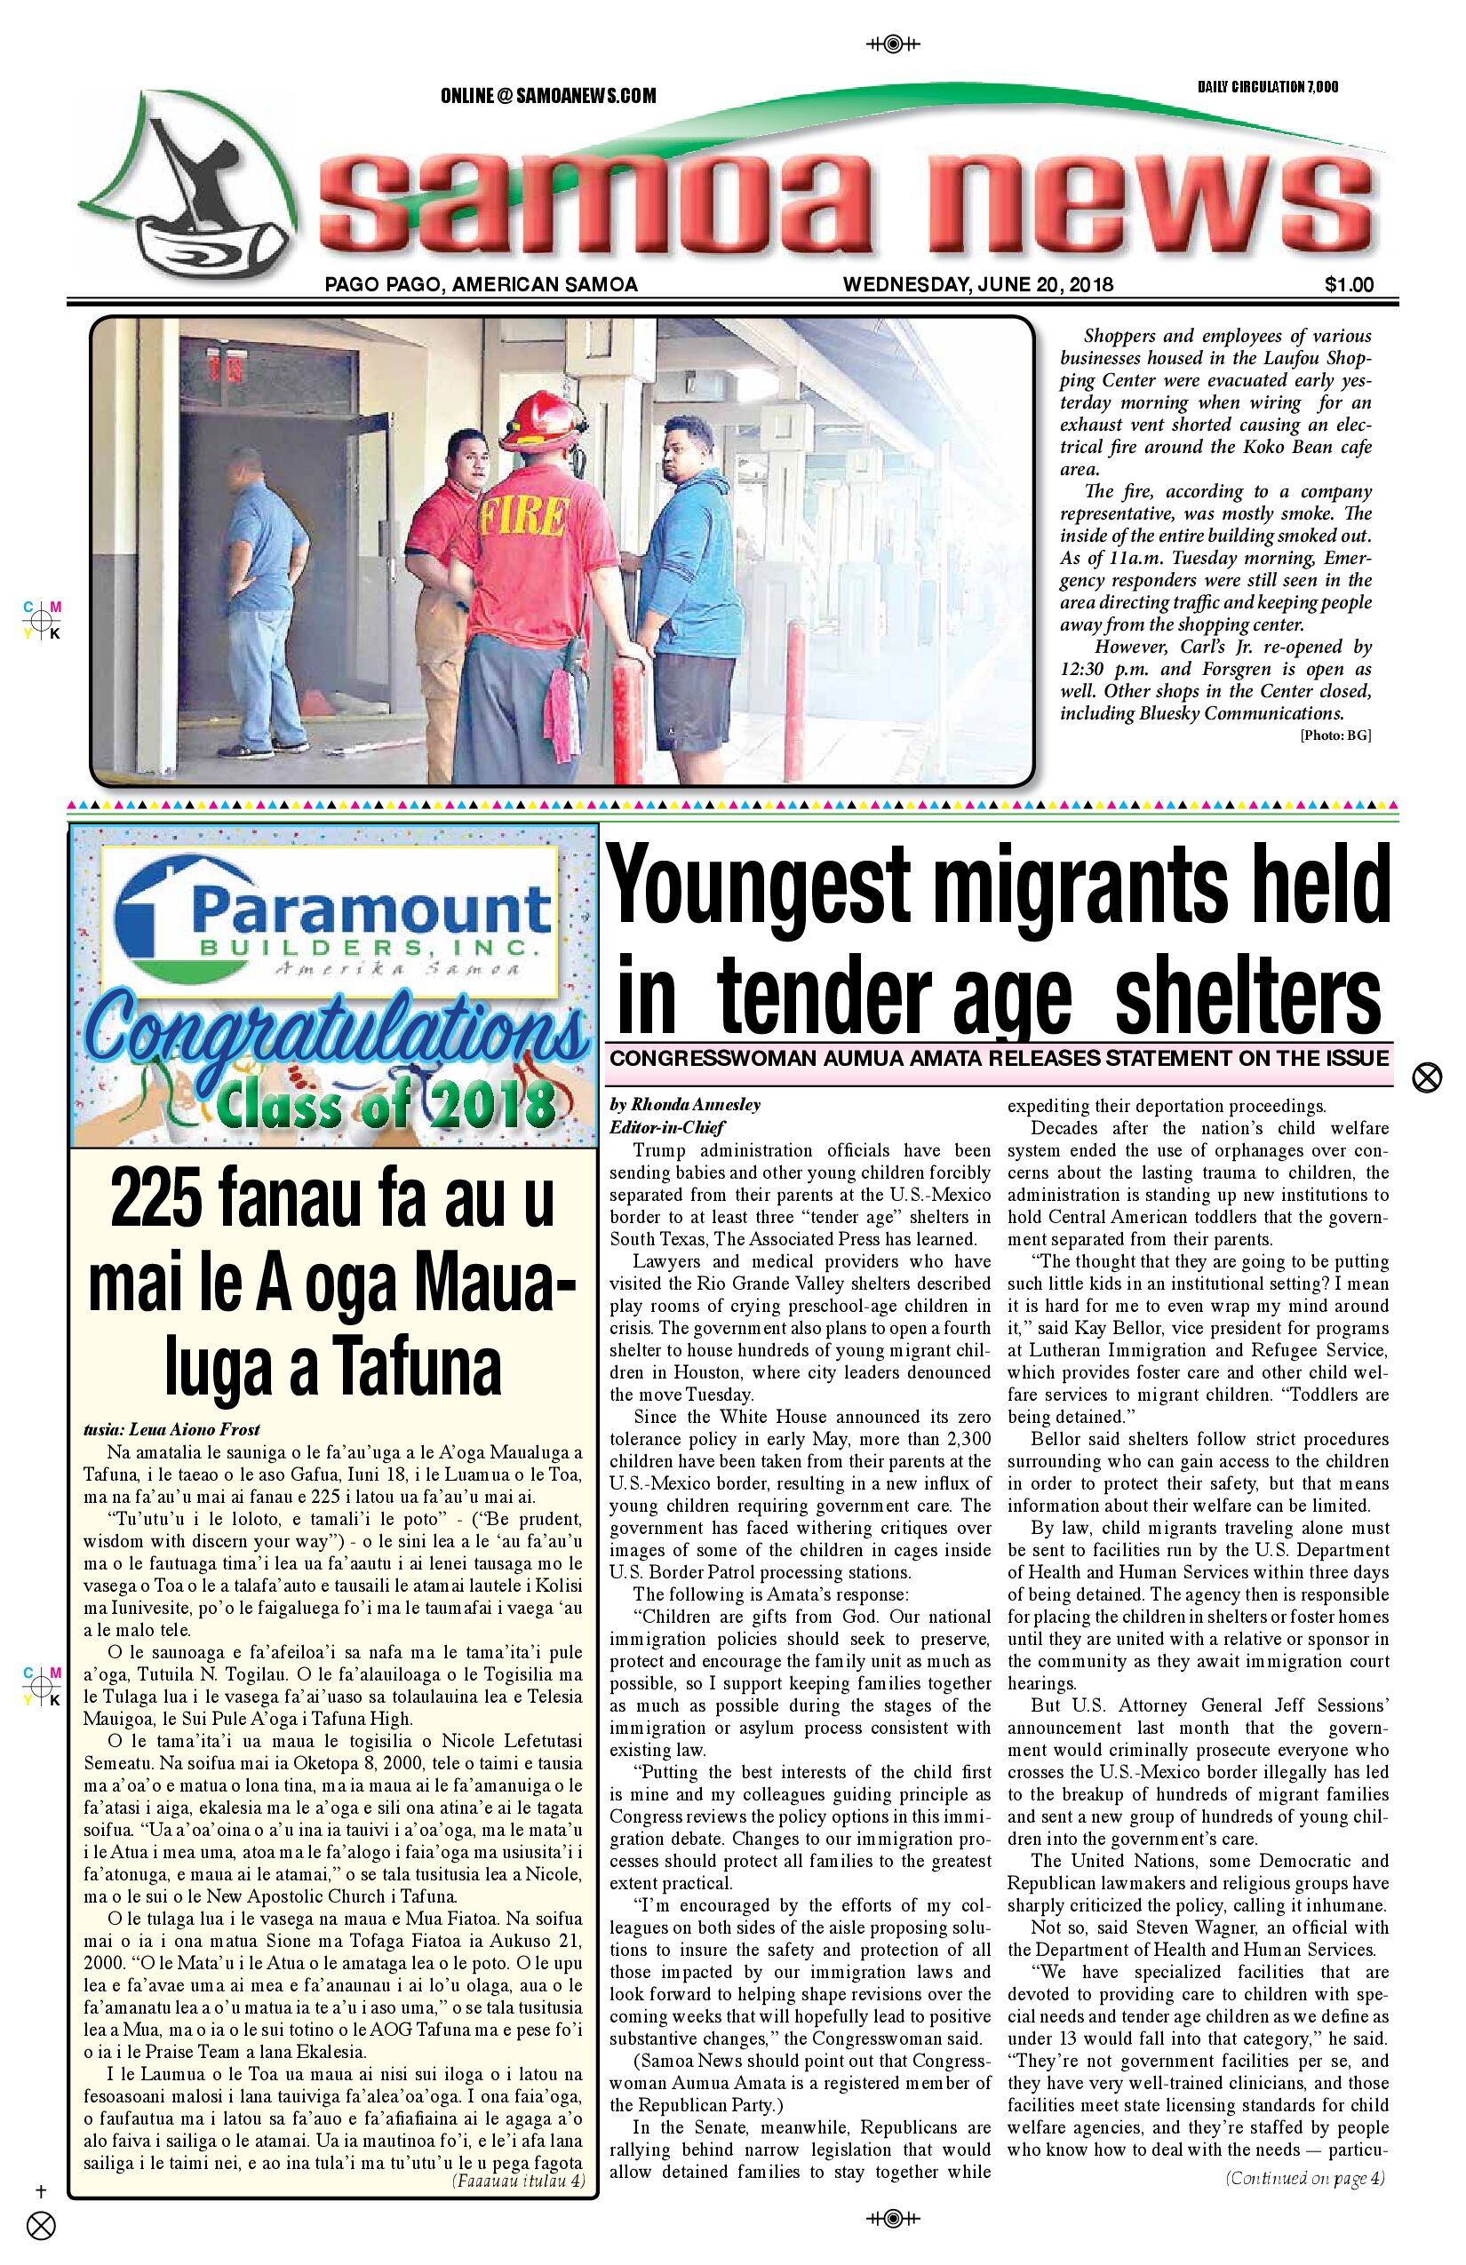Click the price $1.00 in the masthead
[1348, 283]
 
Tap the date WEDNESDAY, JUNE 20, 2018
[977, 283]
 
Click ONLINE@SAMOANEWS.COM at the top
[547, 96]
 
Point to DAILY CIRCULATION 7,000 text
[1267, 87]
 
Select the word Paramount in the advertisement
[372, 910]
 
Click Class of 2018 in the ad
[385, 1106]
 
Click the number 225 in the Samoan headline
[162, 1200]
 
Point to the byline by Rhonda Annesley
[684, 1105]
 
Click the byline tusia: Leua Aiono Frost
[171, 1428]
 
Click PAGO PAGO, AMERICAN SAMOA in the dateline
[481, 283]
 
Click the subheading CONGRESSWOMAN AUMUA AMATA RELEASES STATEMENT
[999, 1058]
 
